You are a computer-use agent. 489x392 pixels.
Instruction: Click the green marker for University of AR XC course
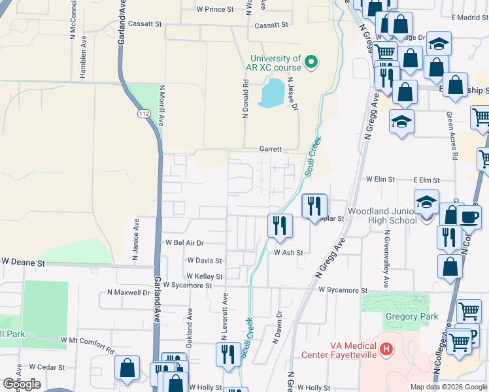(312, 63)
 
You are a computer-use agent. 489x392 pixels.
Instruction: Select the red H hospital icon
(386, 349)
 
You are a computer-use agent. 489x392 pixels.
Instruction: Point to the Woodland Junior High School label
(382, 216)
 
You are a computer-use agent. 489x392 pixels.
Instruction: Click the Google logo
(22, 384)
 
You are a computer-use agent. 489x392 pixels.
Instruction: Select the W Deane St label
(23, 261)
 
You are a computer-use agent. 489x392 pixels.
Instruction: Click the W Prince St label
(215, 9)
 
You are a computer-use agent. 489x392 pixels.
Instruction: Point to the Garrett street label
(270, 149)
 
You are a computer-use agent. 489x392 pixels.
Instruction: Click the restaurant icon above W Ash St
(280, 225)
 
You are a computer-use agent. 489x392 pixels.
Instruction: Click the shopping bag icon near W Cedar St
(127, 368)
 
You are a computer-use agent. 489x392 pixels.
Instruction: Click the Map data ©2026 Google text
(448, 387)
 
